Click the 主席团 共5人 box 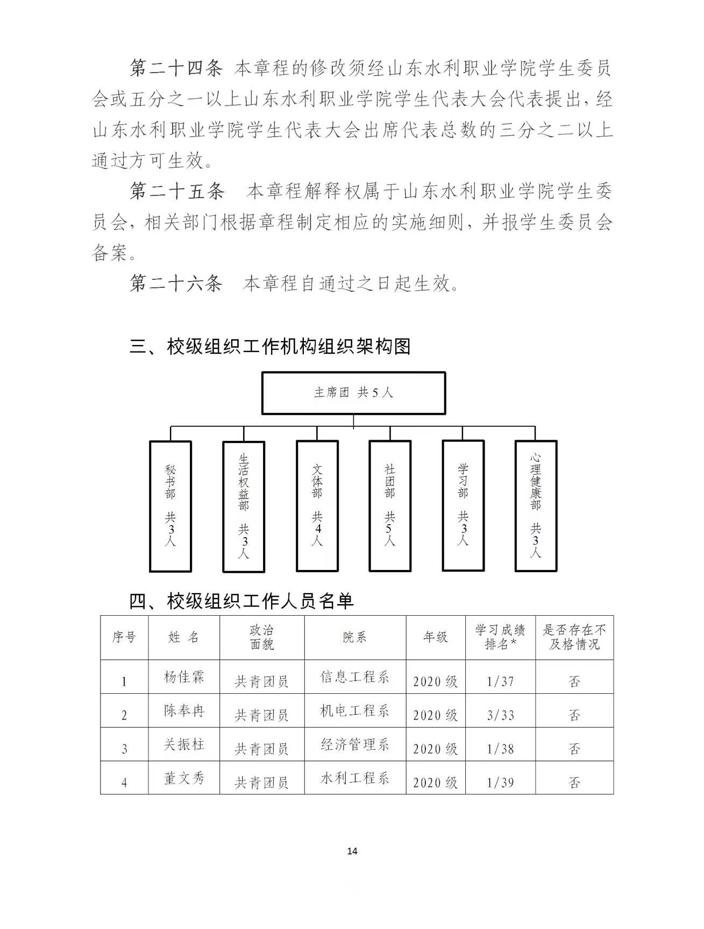point(353,393)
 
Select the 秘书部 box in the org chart point(170,506)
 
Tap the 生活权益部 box point(244,506)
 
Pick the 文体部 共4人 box point(317,506)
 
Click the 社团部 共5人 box point(390,506)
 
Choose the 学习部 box point(463,505)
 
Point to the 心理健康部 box point(536,506)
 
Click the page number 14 point(352,851)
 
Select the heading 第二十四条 point(176,68)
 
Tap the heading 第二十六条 point(176,283)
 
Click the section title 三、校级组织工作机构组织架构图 point(270,346)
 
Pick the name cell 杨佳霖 point(184,677)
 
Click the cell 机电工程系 point(354,711)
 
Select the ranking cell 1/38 point(500,749)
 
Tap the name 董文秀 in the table point(184,778)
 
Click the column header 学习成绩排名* point(500,637)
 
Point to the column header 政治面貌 point(262,637)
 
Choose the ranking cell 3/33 point(500,715)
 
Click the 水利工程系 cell point(354,778)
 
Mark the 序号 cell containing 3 point(124,749)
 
